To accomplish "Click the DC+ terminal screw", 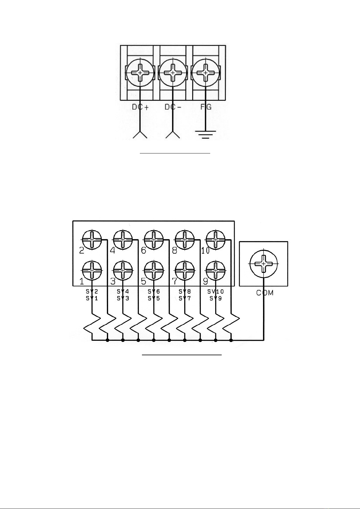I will tap(140, 73).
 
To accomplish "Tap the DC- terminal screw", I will tap(172, 73).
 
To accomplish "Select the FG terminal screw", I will tap(205, 73).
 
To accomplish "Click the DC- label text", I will tap(172, 107).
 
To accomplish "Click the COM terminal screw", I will tap(263, 264).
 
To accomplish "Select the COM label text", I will tap(265, 293).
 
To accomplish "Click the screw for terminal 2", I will tap(92, 239).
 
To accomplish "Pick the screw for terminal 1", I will tap(92, 270).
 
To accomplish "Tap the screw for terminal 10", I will tap(215, 239).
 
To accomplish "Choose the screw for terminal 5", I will tap(154, 270).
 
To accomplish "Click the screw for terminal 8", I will tap(185, 239).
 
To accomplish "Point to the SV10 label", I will tap(216, 292).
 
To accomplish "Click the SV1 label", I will tap(92, 298).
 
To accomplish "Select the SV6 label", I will tap(154, 292).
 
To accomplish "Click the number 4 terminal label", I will tap(112, 250).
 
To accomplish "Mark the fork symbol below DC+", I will tap(140, 135).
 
